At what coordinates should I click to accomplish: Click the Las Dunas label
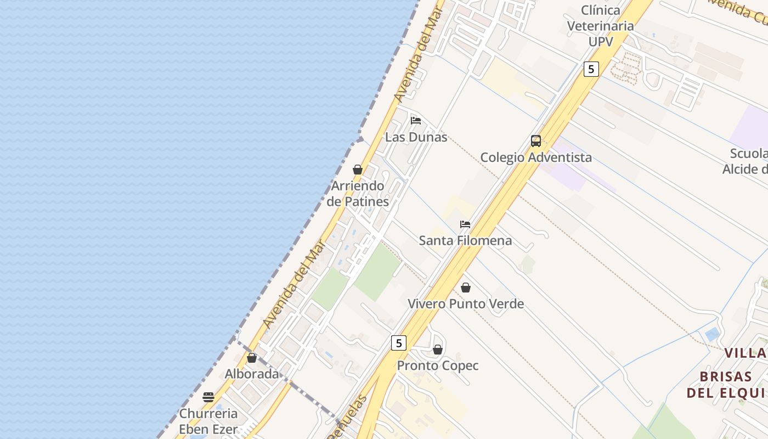tap(416, 137)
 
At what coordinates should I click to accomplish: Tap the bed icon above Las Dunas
tap(416, 121)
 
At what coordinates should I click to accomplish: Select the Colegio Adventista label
tap(536, 157)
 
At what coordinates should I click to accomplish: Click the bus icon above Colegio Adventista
tap(536, 141)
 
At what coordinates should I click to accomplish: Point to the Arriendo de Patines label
tap(358, 194)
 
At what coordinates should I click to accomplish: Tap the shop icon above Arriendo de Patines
tap(358, 170)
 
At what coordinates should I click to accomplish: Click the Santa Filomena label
tap(465, 240)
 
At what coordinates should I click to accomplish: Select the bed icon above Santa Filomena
tap(465, 224)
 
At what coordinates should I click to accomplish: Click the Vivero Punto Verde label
tap(466, 303)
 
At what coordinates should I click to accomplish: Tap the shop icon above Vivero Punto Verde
tap(466, 288)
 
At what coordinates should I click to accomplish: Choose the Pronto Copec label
tap(438, 365)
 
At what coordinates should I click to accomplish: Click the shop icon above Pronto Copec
tap(438, 350)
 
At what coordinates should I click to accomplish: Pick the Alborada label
tap(252, 374)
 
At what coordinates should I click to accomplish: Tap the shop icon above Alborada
tap(252, 358)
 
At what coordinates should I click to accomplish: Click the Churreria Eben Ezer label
tap(208, 421)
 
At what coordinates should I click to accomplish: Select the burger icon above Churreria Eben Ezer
tap(208, 397)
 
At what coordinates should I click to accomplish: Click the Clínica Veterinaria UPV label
tap(600, 26)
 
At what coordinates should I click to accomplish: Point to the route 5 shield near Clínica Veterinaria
tap(591, 69)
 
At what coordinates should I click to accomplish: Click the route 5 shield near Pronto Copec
tap(399, 344)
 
